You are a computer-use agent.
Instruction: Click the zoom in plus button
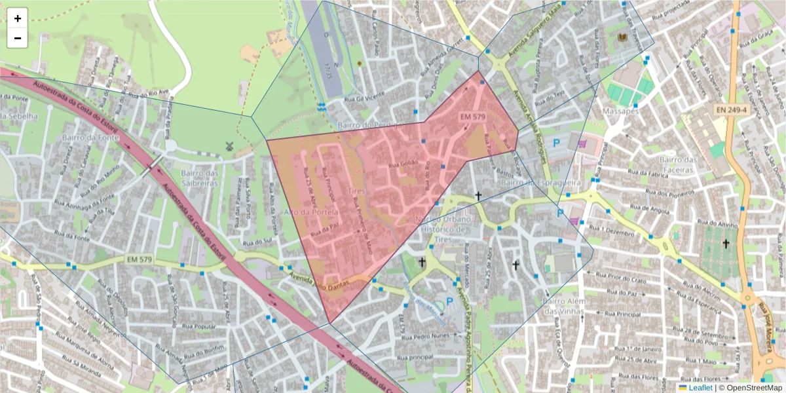pos(18,18)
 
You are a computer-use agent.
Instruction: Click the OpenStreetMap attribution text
pos(755,388)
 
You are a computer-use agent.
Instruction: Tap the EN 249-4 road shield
pos(731,109)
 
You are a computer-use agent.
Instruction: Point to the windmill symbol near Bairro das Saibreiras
pos(229,146)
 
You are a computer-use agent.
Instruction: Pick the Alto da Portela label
pos(311,213)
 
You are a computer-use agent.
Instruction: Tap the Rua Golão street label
pos(403,164)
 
